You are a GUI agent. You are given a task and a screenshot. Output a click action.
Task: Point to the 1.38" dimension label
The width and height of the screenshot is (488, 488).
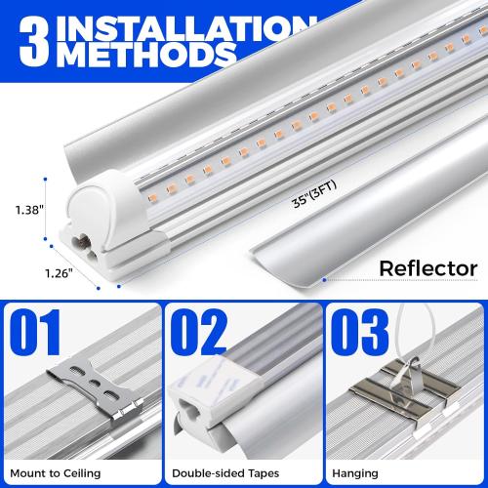tap(26, 208)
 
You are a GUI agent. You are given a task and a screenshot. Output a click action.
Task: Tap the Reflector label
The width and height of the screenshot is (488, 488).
tap(427, 267)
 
